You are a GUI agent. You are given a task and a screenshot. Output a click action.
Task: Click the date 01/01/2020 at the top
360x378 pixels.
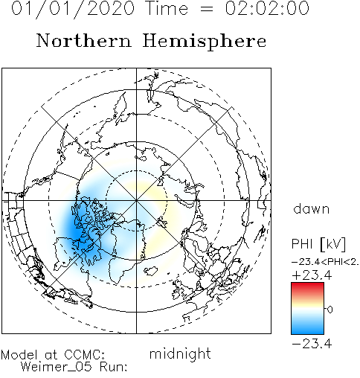[73, 8]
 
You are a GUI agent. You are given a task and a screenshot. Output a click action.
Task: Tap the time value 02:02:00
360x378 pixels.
[267, 8]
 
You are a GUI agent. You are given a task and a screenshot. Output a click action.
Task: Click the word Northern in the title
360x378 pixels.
[84, 41]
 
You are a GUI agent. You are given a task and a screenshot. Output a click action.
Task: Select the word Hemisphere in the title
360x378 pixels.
[205, 41]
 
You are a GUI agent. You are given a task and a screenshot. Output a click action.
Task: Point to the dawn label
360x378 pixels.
[312, 208]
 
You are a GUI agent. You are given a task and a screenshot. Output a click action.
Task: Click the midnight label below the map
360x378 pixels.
[180, 353]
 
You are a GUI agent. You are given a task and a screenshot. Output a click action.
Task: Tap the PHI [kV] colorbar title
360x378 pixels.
[318, 244]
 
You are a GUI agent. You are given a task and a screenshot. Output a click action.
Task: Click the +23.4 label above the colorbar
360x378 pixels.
[312, 275]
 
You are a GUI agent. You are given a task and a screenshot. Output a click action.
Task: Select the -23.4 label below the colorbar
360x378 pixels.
[312, 344]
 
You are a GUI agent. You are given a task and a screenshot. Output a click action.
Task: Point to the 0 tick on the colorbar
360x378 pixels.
[330, 310]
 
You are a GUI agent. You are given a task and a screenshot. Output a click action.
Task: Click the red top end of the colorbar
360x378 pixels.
[307, 284]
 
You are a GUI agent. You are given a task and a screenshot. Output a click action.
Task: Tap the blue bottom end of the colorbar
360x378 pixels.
[307, 332]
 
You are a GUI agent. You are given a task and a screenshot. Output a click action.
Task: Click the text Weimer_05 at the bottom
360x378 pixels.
[57, 367]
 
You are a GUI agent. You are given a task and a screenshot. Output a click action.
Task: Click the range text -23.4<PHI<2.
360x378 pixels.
[325, 262]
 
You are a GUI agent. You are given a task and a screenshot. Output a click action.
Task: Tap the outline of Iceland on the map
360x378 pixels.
[152, 271]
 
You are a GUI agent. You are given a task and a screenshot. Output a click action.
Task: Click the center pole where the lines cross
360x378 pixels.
[136, 200]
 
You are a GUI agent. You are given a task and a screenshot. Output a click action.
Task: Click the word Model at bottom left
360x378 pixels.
[19, 355]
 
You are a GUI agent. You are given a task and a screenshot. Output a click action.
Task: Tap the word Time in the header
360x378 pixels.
[167, 8]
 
